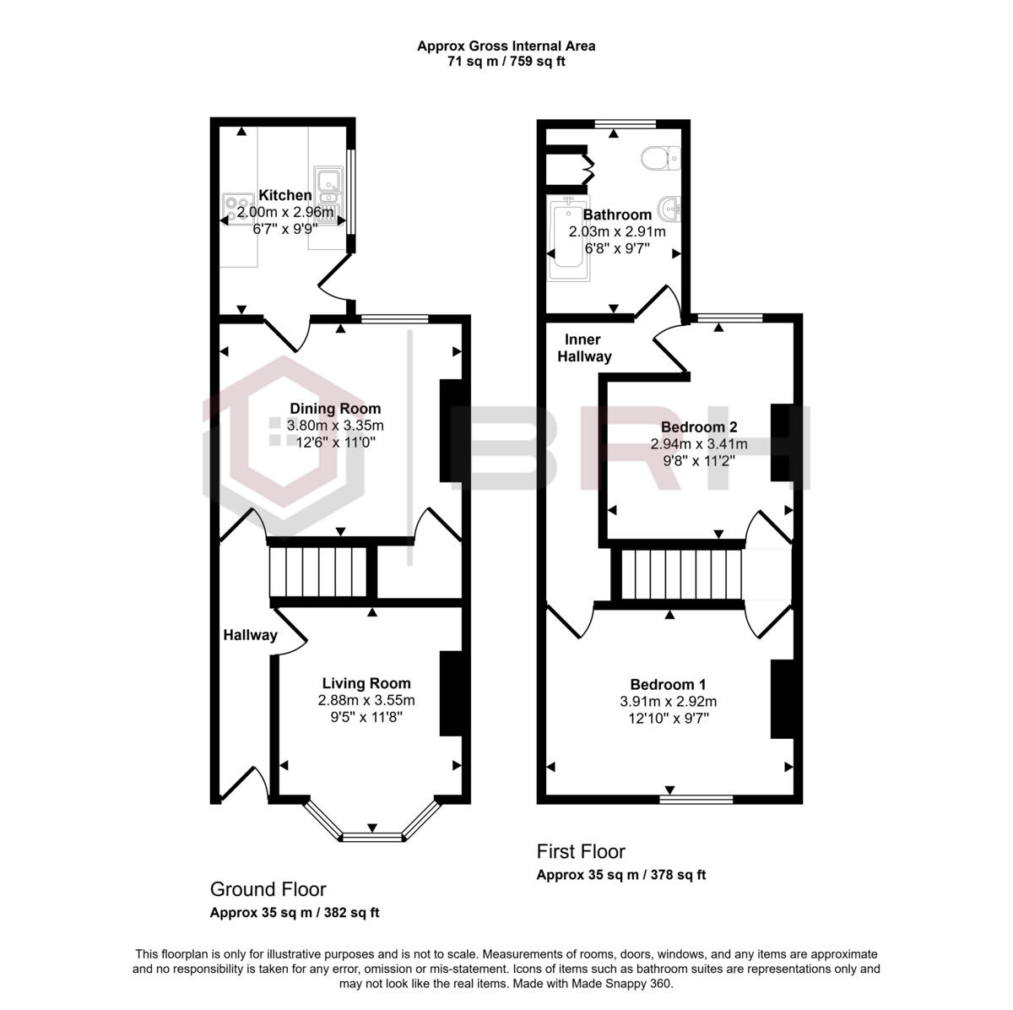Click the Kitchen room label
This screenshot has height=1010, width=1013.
coord(284,195)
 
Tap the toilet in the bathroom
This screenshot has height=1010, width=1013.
coord(659,157)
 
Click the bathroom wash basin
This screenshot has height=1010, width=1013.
coord(671,206)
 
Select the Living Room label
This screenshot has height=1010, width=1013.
coord(366,683)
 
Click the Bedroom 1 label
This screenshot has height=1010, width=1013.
coord(668,685)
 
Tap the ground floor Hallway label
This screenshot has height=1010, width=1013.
coord(250,635)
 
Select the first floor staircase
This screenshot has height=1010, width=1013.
coord(681,575)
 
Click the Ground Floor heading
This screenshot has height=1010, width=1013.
coord(268,888)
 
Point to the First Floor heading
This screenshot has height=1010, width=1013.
coord(581,850)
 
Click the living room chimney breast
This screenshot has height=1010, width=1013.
coord(451,693)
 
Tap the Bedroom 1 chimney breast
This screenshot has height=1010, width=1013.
coord(781,699)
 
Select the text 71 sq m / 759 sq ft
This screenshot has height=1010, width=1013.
coord(506,62)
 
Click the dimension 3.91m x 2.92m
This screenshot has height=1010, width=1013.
coord(668,701)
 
